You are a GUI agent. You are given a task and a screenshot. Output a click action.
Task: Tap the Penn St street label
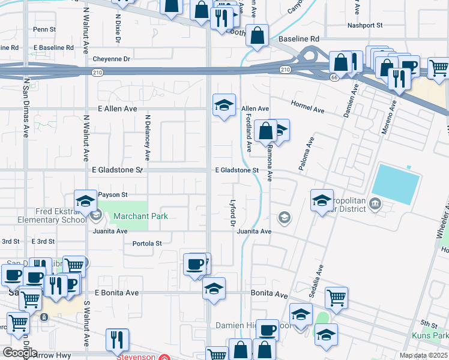pos(44,29)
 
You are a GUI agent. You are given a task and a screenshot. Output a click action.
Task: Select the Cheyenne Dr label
pos(111,59)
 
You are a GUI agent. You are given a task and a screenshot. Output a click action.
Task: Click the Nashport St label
pos(365,25)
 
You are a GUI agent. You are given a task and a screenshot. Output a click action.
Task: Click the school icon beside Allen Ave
pos(224,106)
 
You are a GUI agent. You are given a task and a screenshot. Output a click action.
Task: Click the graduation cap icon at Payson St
pos(85,200)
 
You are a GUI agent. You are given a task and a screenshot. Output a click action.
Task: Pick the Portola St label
pos(147,243)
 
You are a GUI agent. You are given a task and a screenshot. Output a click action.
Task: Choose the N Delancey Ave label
pos(146,138)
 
